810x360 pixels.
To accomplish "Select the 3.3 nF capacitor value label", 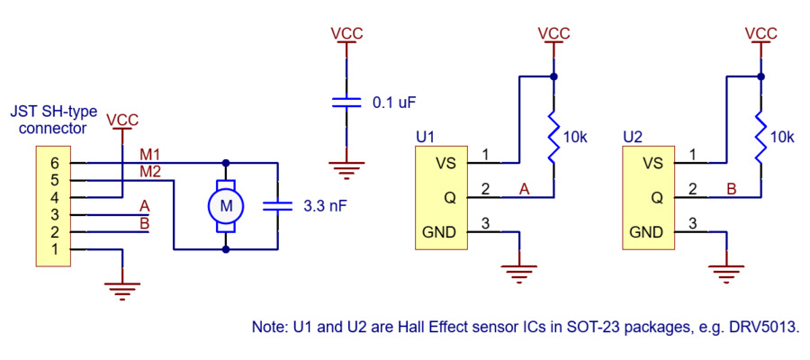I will point(326,206).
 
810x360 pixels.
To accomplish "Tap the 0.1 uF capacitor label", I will point(394,103).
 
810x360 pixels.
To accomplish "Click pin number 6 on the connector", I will point(54,163).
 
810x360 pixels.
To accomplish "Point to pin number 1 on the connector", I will point(54,248).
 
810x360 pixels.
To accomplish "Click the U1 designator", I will point(426,138).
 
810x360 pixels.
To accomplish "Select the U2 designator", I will point(633,138).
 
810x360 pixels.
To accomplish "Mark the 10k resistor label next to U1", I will point(575,138).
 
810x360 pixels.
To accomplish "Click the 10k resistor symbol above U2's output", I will point(760,137).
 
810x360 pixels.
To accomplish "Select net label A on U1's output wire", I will point(523,188).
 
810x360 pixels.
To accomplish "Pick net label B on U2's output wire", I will point(731,188).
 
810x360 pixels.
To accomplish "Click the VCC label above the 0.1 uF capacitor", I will point(346,33).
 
